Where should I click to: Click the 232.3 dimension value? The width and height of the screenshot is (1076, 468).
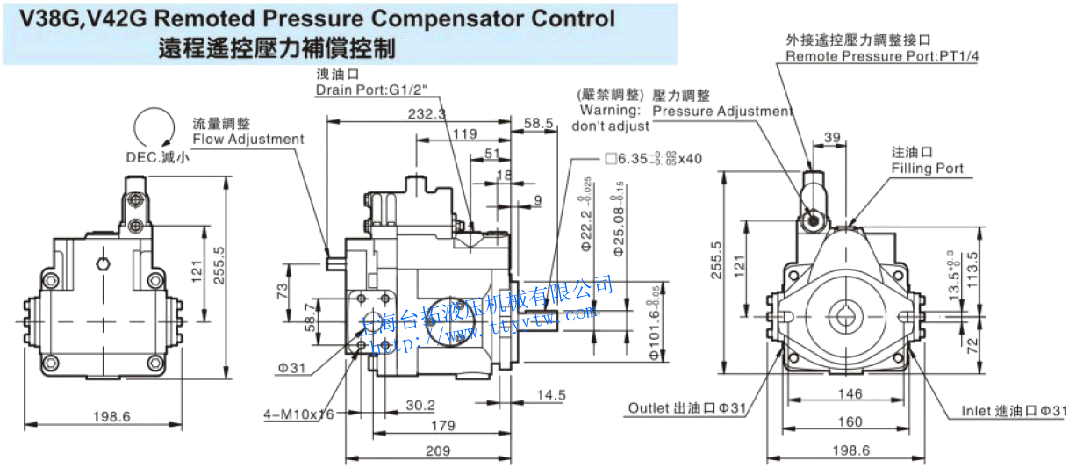pyautogui.click(x=427, y=114)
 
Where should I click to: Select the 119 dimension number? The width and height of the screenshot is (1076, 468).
pyautogui.click(x=465, y=133)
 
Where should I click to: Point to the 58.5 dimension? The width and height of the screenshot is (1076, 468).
pyautogui.click(x=539, y=124)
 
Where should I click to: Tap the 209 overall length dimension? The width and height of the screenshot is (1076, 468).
pyautogui.click(x=437, y=450)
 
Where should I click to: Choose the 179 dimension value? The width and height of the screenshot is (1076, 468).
pyautogui.click(x=443, y=426)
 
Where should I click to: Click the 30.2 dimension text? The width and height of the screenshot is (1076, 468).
pyautogui.click(x=420, y=405)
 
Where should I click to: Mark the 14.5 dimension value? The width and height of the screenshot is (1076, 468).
pyautogui.click(x=550, y=395)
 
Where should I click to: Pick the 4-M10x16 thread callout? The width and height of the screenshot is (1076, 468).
pyautogui.click(x=298, y=414)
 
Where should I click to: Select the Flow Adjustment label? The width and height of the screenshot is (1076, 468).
pyautogui.click(x=248, y=139)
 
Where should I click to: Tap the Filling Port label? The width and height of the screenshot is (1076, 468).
pyautogui.click(x=927, y=169)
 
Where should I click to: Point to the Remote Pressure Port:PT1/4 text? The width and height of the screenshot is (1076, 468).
pyautogui.click(x=881, y=56)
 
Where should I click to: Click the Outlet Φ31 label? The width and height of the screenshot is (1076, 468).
pyautogui.click(x=686, y=408)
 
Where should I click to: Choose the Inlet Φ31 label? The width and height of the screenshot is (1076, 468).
pyautogui.click(x=1014, y=411)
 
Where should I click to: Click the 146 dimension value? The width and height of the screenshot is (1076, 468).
pyautogui.click(x=850, y=394)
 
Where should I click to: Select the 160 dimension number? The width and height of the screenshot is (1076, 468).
pyautogui.click(x=850, y=422)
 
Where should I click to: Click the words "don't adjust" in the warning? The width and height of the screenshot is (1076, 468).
pyautogui.click(x=610, y=126)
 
